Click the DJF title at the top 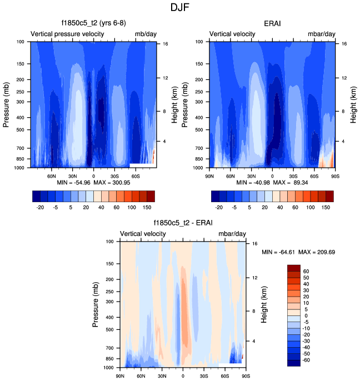coord(180,8)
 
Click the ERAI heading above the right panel coord(272,23)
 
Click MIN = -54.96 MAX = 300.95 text coord(93,182)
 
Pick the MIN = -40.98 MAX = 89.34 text coord(272,182)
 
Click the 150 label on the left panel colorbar coord(146,206)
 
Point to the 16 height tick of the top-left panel coord(165,44)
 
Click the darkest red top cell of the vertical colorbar coord(294,268)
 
